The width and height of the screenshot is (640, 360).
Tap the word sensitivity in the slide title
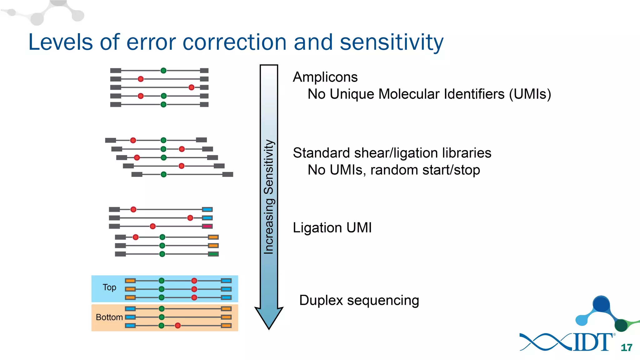coord(391,42)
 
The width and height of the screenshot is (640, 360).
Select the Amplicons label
coord(325,77)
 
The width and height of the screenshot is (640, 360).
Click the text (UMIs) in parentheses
coord(530,94)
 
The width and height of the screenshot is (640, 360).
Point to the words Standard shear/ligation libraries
coord(392,153)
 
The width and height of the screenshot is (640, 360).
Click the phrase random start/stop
coord(425,170)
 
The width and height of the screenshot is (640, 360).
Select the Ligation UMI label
coord(332,227)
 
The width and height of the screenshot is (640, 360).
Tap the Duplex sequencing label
coord(359,300)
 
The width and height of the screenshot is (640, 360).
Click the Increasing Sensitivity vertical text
coord(269,197)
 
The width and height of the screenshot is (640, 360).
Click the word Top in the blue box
coord(109,287)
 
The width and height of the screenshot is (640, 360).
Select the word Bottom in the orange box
coord(109,317)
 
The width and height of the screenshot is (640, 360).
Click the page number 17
coord(626,347)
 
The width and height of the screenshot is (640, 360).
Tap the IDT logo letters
coord(593,342)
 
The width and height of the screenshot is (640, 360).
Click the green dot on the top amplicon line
coord(163,71)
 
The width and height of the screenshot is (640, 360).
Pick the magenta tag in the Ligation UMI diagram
coord(207,226)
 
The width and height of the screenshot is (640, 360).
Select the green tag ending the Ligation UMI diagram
coord(213,254)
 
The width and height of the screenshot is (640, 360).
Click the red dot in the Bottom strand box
coord(178,326)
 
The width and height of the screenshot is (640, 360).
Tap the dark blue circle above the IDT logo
coord(601,304)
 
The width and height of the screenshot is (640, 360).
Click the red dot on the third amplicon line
coord(192,87)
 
